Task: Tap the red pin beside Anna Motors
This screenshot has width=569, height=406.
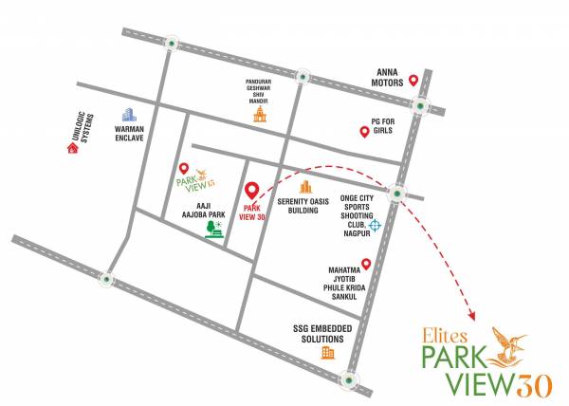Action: [x=413, y=83]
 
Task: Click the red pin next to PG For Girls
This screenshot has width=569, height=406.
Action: [x=363, y=132]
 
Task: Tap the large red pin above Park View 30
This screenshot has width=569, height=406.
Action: [x=252, y=191]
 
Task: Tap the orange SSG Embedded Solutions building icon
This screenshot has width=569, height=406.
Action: [x=328, y=353]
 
